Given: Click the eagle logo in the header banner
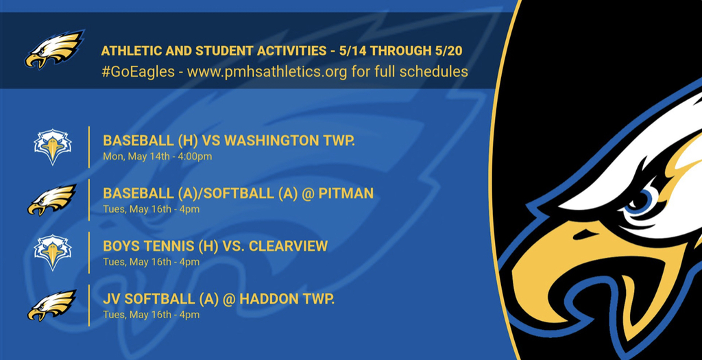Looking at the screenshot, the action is (54, 49).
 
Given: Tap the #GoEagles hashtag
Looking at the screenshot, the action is (138, 71).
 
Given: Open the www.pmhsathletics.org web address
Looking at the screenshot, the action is (267, 71).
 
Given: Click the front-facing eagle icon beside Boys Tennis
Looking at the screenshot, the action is (53, 252).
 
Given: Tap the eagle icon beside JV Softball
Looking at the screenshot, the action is (51, 305).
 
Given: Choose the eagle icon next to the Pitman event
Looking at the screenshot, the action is (51, 200).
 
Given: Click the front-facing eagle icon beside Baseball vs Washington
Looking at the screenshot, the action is (53, 147).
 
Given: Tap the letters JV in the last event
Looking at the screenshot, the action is (111, 299).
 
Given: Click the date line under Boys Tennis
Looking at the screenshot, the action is (152, 262).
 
